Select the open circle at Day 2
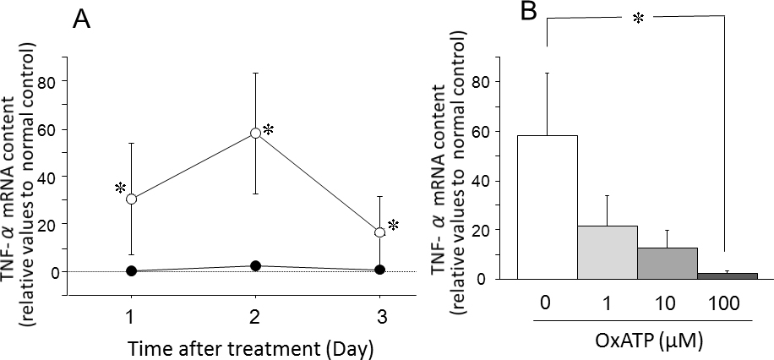pyautogui.click(x=255, y=134)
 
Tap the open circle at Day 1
pyautogui.click(x=132, y=199)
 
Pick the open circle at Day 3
pyautogui.click(x=379, y=232)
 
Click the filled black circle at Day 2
pyautogui.click(x=255, y=265)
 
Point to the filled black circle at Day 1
pyautogui.click(x=132, y=270)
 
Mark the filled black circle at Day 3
pyautogui.click(x=379, y=270)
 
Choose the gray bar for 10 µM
pyautogui.click(x=668, y=263)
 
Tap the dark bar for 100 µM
pyautogui.click(x=728, y=275)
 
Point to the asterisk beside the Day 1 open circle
pyautogui.click(x=120, y=187)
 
